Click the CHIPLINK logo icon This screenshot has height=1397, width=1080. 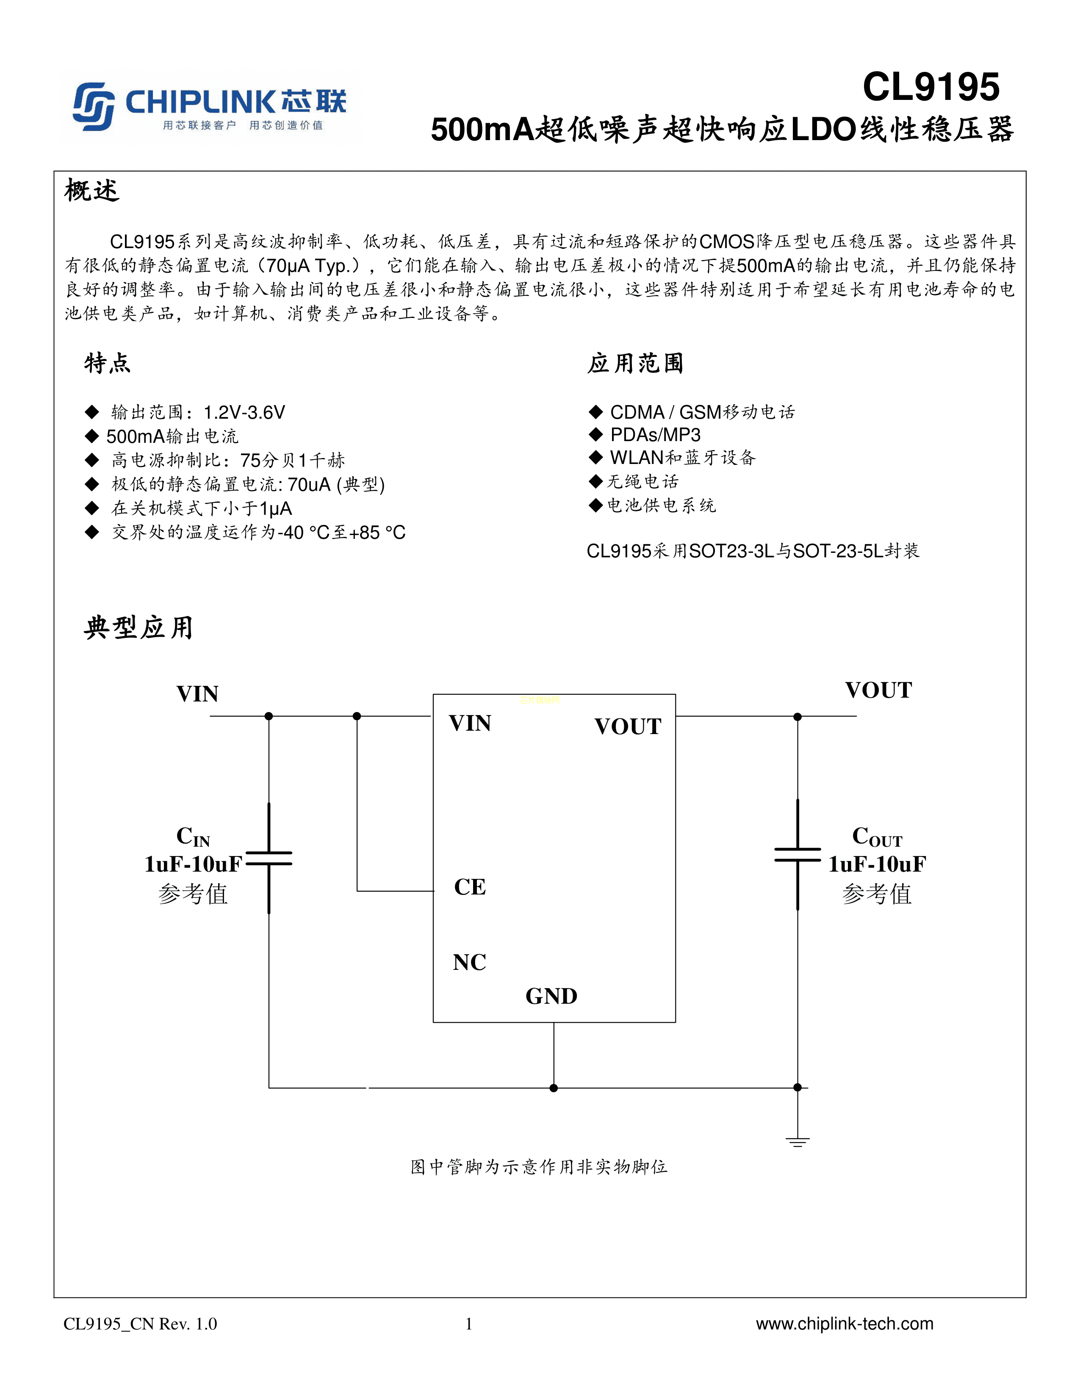(94, 106)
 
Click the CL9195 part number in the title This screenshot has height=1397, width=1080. (931, 87)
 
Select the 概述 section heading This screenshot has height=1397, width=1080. (92, 190)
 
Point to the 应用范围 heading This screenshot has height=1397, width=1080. (635, 363)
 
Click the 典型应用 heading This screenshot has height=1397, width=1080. (138, 627)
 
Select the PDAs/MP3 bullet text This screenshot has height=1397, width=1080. (655, 435)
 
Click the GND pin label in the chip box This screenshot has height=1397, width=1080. (551, 997)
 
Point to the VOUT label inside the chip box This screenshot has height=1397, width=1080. (628, 726)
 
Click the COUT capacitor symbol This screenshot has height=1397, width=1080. (797, 855)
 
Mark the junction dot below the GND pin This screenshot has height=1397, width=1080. (554, 1088)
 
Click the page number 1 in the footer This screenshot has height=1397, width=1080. (469, 1323)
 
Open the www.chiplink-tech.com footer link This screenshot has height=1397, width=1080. (845, 1323)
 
